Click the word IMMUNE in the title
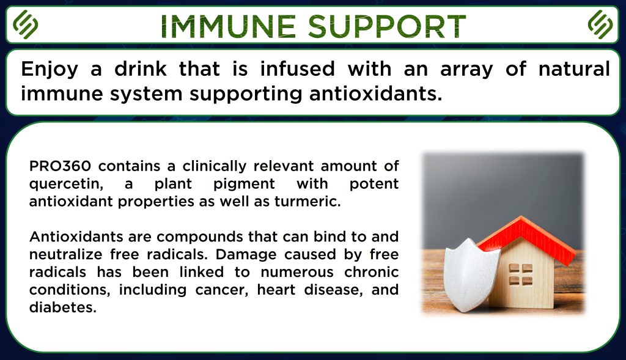(229, 27)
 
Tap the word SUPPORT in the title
(387, 27)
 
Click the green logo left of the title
(25, 24)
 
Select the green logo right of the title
(600, 24)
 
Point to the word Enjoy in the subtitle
(50, 70)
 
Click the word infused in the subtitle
(298, 68)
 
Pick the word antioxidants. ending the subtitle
(376, 94)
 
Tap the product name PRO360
(60, 166)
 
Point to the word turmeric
(307, 202)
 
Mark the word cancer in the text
(221, 290)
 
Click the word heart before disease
(276, 290)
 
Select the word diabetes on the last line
(63, 307)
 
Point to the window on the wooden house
(521, 274)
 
